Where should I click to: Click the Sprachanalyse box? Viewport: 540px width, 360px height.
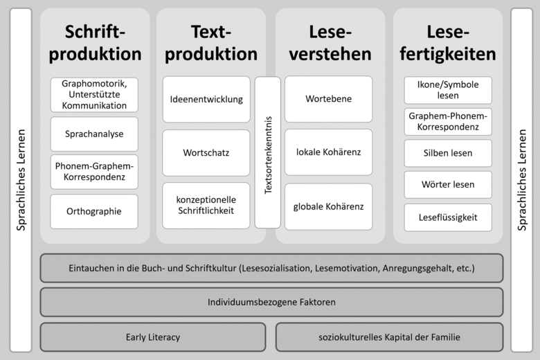click(94, 134)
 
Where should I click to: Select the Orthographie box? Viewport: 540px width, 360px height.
click(94, 212)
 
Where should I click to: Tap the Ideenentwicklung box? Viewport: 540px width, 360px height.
click(206, 99)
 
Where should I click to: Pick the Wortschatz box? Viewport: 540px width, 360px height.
click(206, 152)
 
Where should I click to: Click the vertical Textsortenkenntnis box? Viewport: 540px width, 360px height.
click(268, 152)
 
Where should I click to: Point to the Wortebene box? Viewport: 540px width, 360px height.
click(329, 99)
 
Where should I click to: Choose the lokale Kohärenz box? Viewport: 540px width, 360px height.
click(329, 152)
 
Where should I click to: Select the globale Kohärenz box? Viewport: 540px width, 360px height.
click(329, 207)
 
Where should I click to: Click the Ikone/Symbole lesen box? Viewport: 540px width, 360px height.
click(448, 90)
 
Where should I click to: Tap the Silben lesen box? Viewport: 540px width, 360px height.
click(448, 153)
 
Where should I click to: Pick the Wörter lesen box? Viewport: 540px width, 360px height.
click(448, 185)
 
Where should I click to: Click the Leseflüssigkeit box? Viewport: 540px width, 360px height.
click(448, 217)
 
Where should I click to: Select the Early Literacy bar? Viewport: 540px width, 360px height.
click(153, 337)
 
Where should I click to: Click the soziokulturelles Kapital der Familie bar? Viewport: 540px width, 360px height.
click(390, 337)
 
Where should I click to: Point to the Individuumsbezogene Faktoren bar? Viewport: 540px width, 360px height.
click(271, 302)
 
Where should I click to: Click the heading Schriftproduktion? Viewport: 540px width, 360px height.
click(95, 43)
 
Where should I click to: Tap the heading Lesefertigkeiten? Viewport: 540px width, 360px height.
click(448, 43)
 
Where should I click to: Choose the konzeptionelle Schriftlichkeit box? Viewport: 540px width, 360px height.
click(206, 206)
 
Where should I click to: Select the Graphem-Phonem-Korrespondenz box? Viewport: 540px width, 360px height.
click(448, 122)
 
